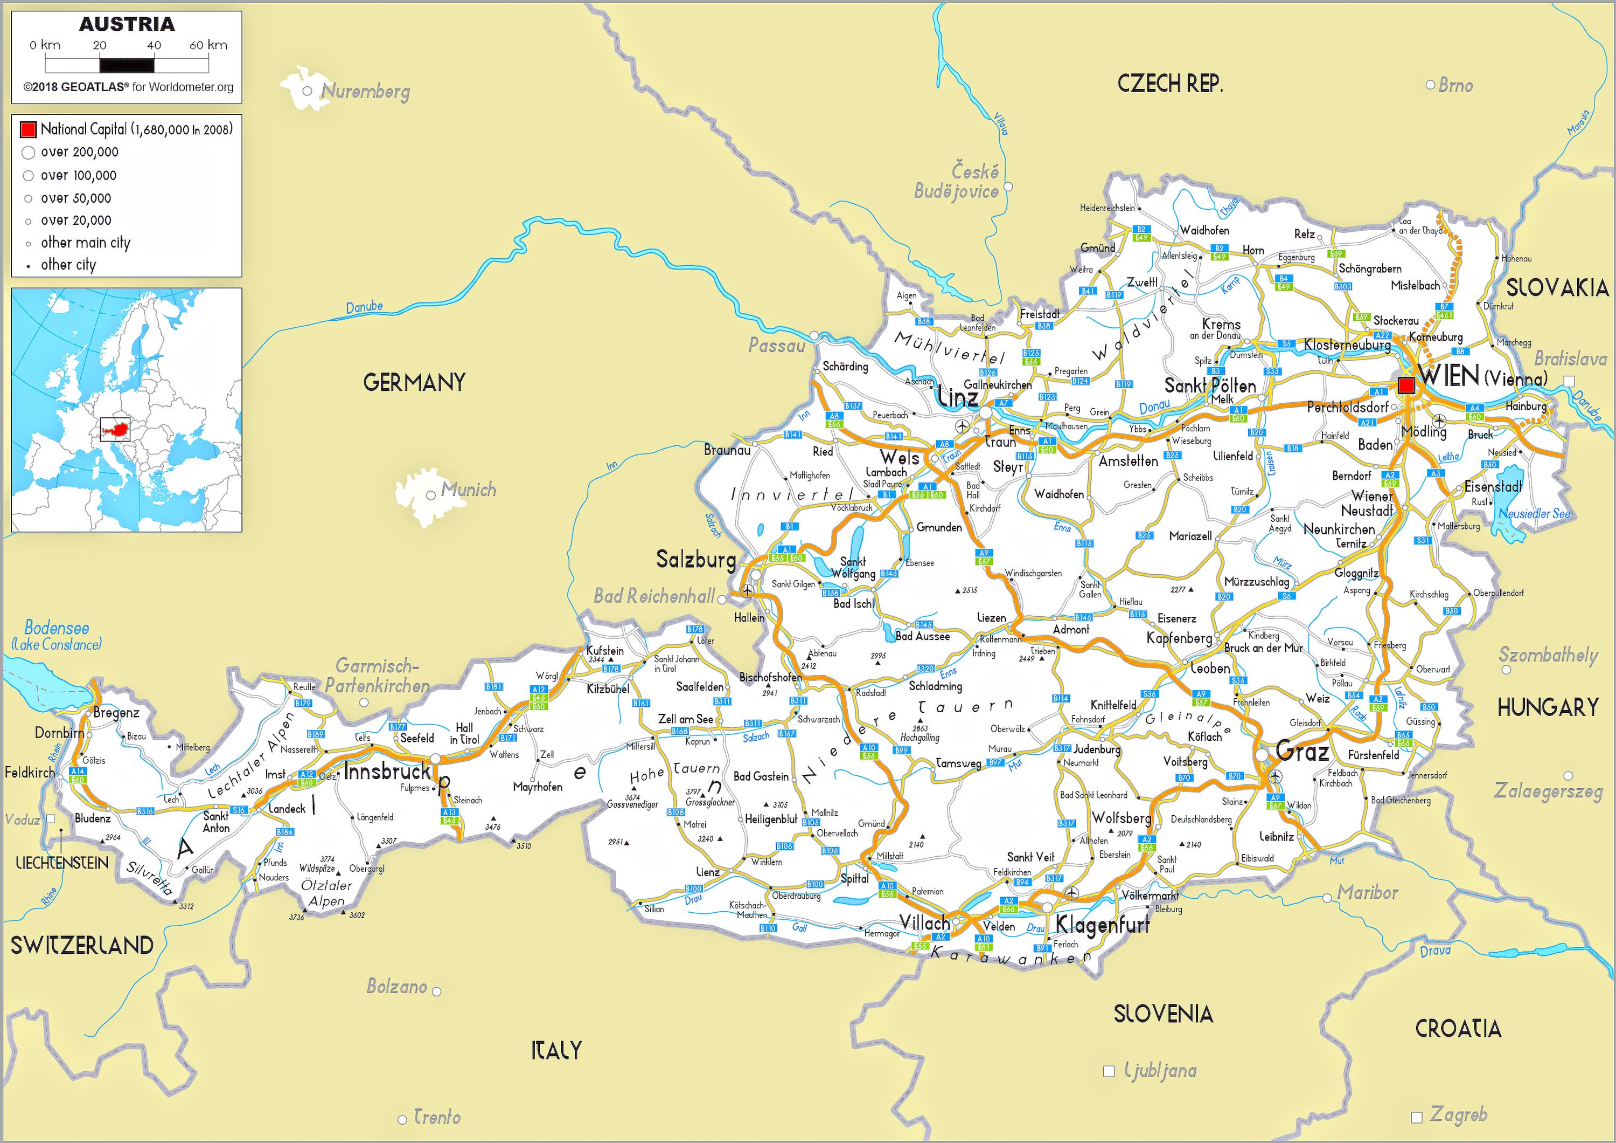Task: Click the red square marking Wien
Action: pyautogui.click(x=1405, y=385)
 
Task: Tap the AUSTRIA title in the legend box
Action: pyautogui.click(x=127, y=24)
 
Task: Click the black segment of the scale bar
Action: pyautogui.click(x=127, y=65)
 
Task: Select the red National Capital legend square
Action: pyautogui.click(x=28, y=129)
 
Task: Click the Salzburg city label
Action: pyautogui.click(x=695, y=559)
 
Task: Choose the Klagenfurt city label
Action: pyautogui.click(x=1102, y=924)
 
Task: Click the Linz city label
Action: pyautogui.click(x=957, y=398)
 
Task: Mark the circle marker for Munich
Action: pyautogui.click(x=431, y=496)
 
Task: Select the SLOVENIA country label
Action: pyautogui.click(x=1163, y=1014)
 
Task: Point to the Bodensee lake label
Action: pyautogui.click(x=57, y=628)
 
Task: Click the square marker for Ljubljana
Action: pyautogui.click(x=1109, y=1071)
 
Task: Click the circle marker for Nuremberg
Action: pyautogui.click(x=307, y=91)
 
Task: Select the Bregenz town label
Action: pyautogui.click(x=116, y=713)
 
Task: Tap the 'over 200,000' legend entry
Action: pyautogui.click(x=79, y=152)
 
